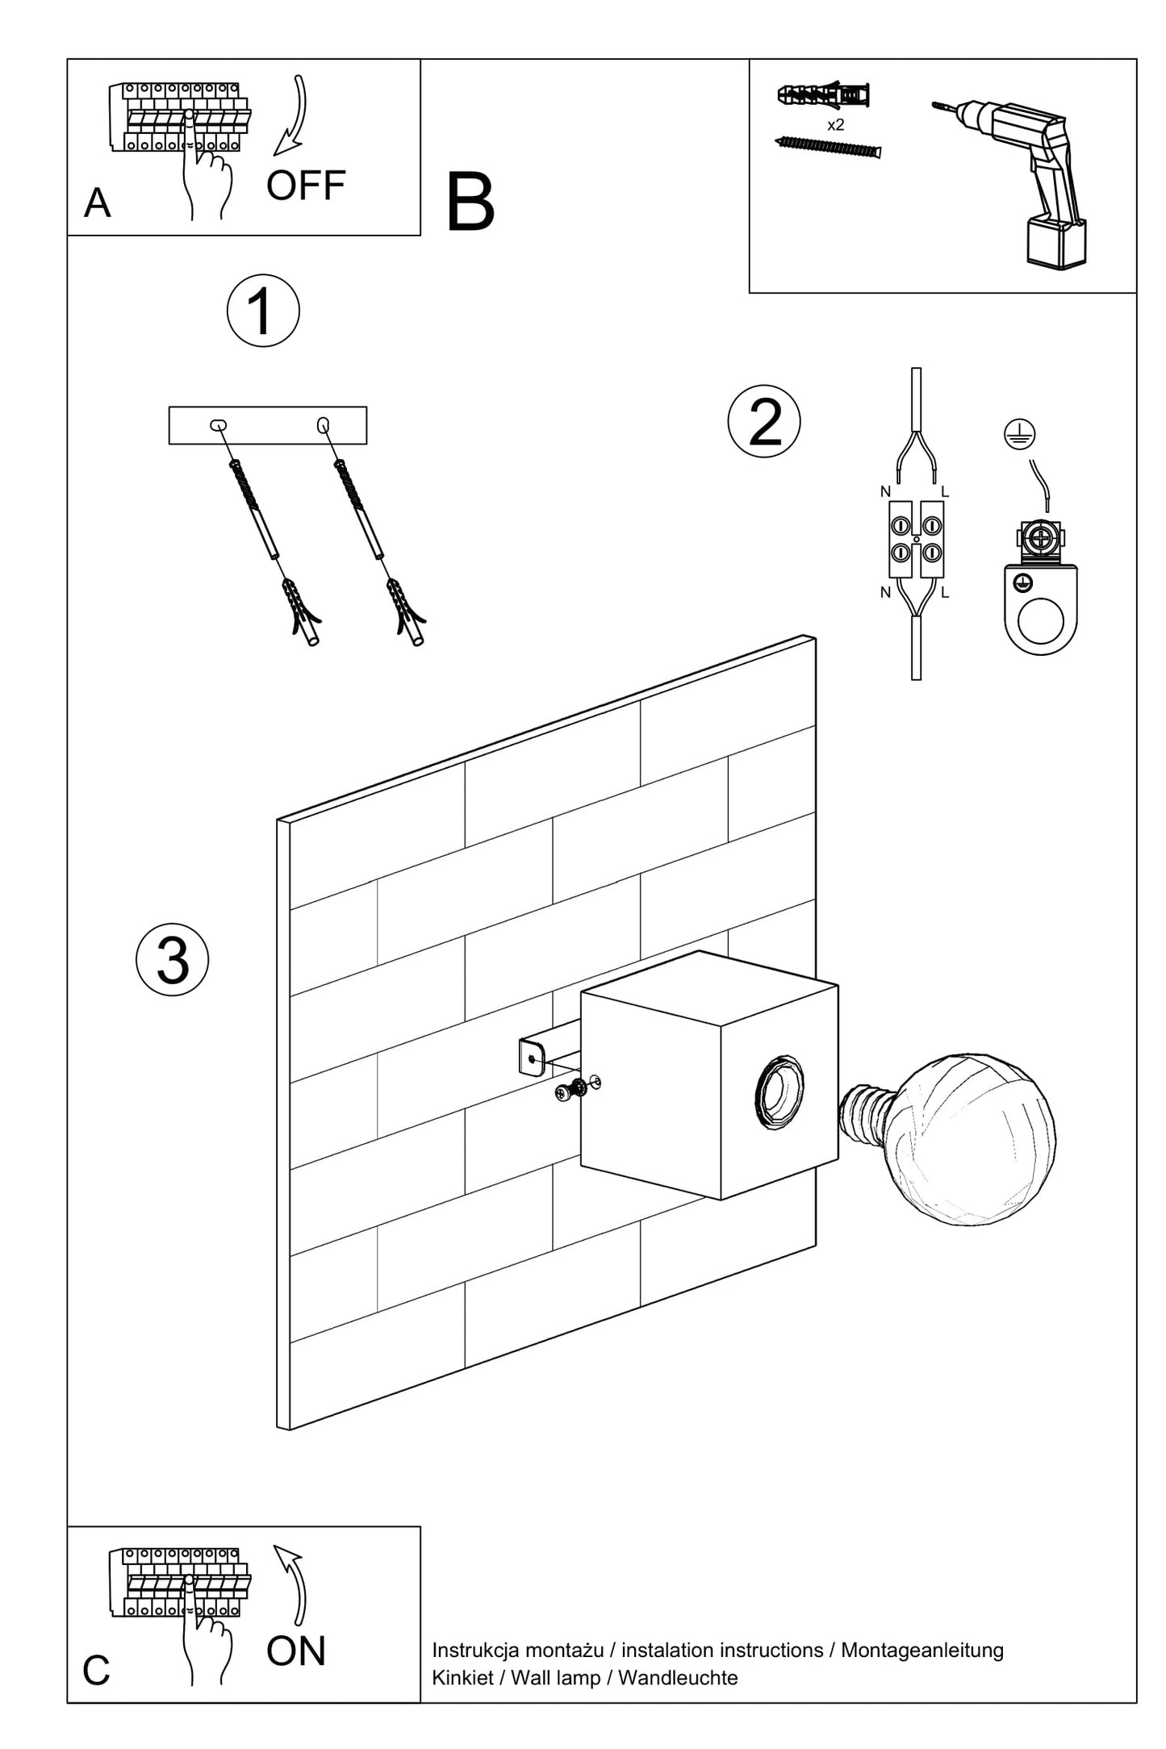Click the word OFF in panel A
pyautogui.click(x=306, y=186)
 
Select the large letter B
pyautogui.click(x=470, y=203)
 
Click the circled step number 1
pyautogui.click(x=263, y=311)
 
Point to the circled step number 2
pyautogui.click(x=764, y=421)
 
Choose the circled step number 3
pyautogui.click(x=173, y=959)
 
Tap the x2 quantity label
pyautogui.click(x=836, y=125)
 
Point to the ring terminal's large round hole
pyautogui.click(x=1040, y=621)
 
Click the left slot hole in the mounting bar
pyautogui.click(x=218, y=425)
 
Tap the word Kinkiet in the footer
pyautogui.click(x=462, y=1678)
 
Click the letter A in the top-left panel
pyautogui.click(x=98, y=203)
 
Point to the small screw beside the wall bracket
pyautogui.click(x=571, y=1090)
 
